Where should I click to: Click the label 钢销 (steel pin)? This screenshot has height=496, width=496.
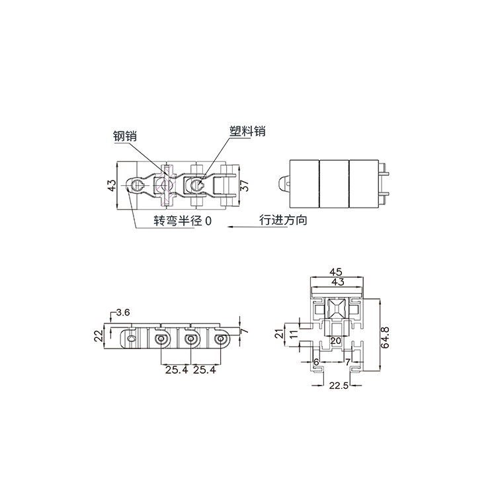tap(125, 136)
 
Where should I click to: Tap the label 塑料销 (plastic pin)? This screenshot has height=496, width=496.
tap(247, 131)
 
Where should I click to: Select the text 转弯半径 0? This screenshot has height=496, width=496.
tap(183, 220)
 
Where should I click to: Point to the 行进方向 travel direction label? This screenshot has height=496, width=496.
tap(283, 220)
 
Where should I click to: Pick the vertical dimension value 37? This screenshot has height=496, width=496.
tap(244, 185)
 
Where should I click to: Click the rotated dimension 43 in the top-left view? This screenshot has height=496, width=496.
tap(112, 185)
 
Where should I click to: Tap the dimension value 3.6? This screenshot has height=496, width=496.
tap(123, 313)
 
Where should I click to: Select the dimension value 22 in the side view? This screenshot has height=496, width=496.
tap(99, 335)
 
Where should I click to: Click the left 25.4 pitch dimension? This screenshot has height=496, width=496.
tap(177, 370)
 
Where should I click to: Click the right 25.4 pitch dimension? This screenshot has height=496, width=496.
tap(204, 370)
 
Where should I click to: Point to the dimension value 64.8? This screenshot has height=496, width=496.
tap(385, 338)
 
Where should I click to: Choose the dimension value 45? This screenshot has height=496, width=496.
tap(336, 272)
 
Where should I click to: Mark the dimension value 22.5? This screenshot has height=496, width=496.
tap(339, 386)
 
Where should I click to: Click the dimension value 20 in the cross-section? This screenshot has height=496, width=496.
tap(335, 341)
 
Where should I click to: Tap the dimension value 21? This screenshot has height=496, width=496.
tap(279, 334)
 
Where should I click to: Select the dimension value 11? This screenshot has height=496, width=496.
tap(294, 334)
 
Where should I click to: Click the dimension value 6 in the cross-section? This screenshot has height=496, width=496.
tap(316, 362)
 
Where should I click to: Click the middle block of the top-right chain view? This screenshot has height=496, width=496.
tap(334, 184)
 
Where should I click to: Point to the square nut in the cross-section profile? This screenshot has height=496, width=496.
tap(335, 308)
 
